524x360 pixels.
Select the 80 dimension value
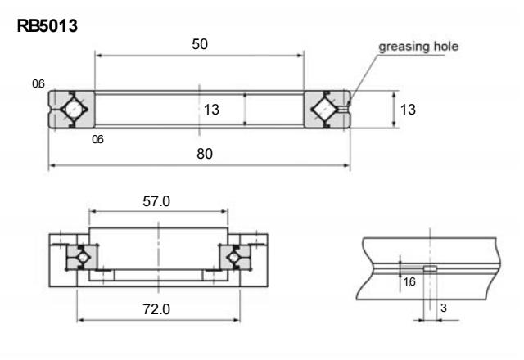(200, 155)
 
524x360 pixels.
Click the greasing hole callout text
(418, 47)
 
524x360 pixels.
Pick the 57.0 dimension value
(156, 201)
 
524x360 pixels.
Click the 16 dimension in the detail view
(409, 281)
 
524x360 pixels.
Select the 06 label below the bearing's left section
(97, 140)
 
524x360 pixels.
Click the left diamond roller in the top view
(72, 109)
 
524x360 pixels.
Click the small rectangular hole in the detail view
(430, 268)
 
